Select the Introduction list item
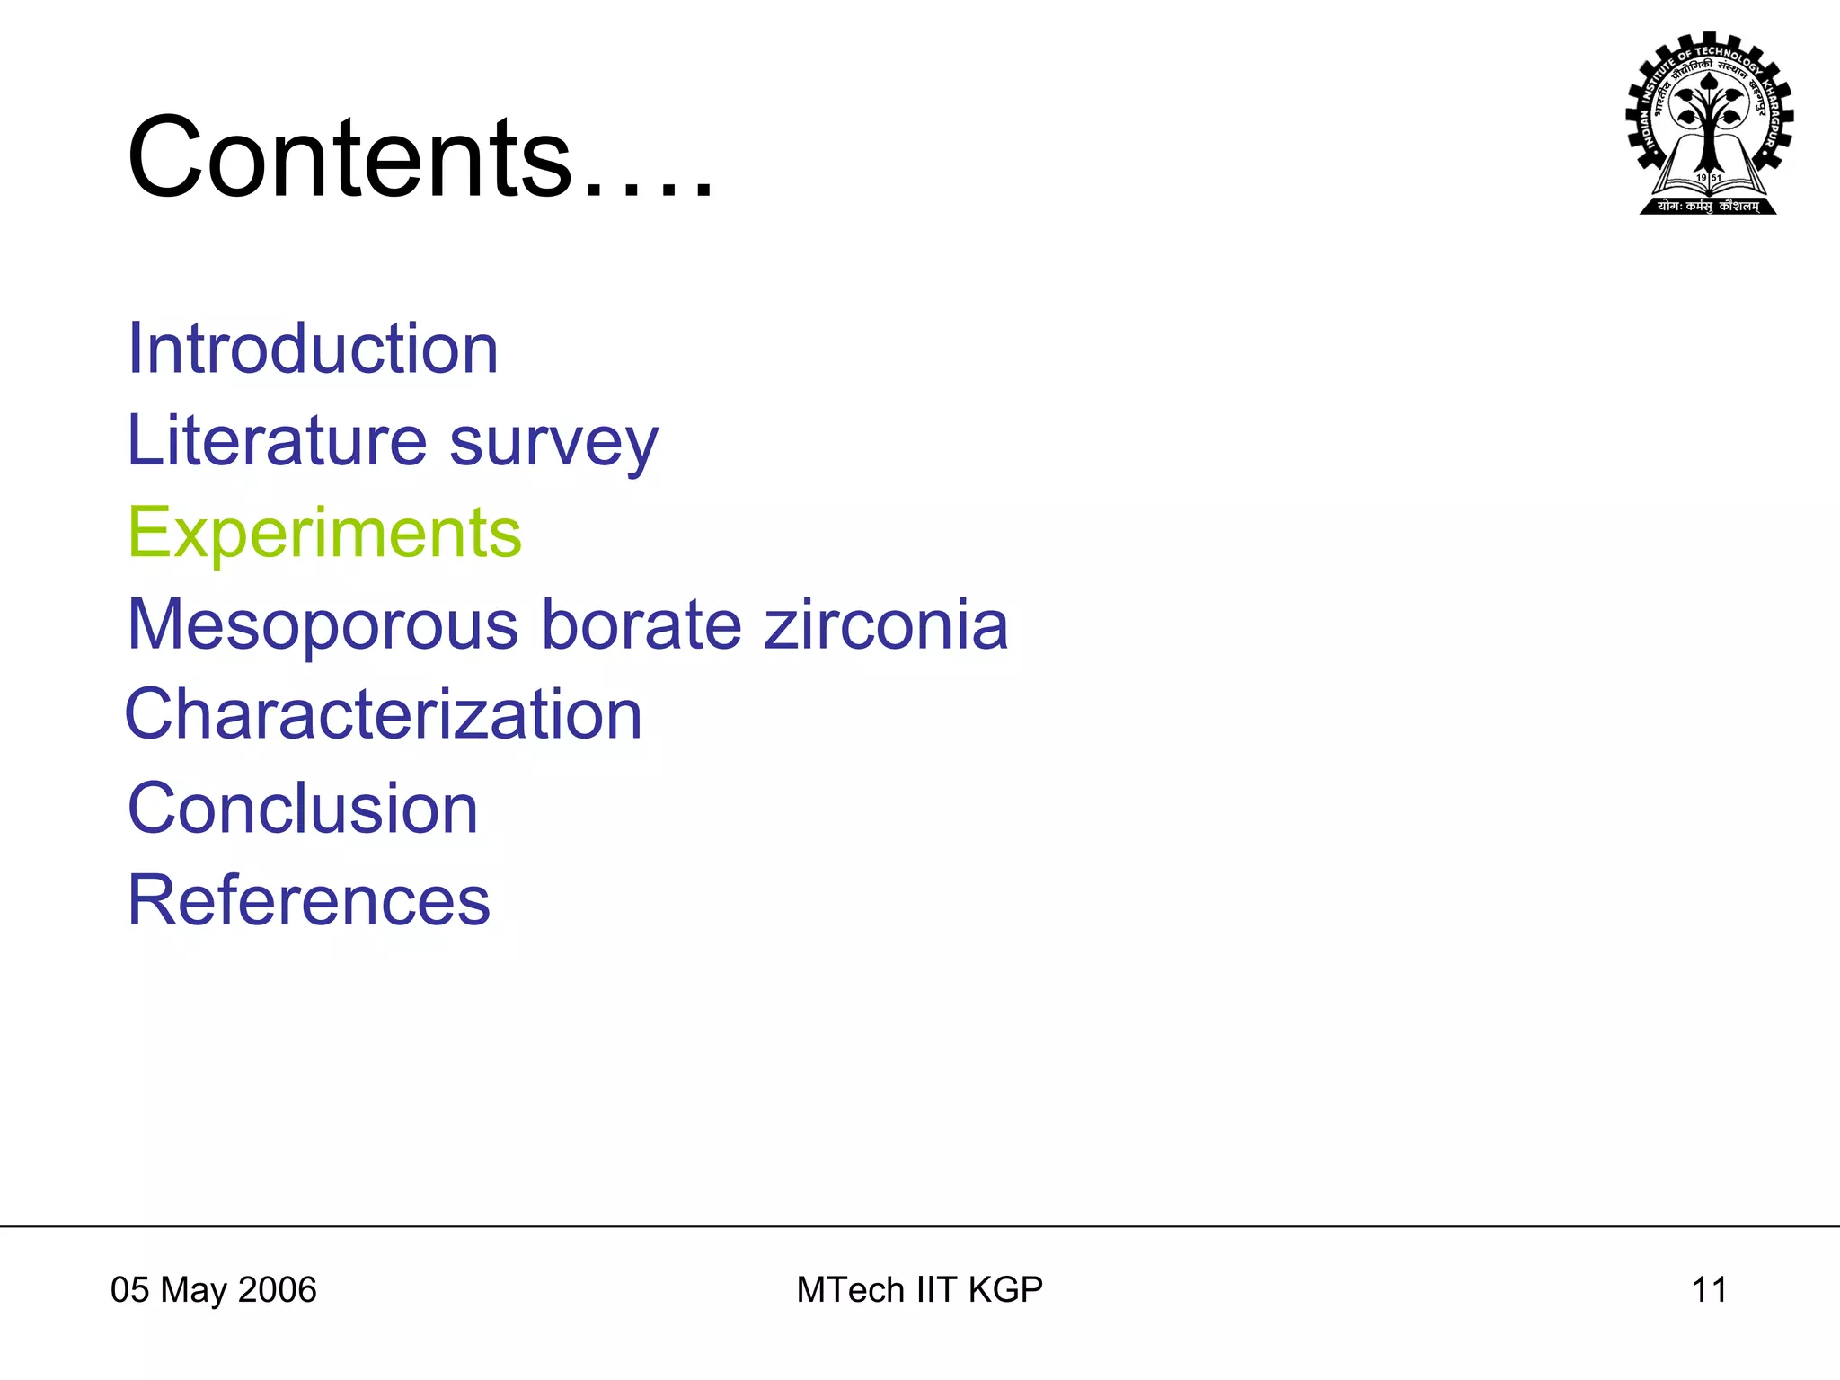pyautogui.click(x=313, y=349)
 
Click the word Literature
pyautogui.click(x=277, y=440)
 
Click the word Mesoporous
pyautogui.click(x=323, y=625)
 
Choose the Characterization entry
pyautogui.click(x=384, y=715)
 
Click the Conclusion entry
pyautogui.click(x=303, y=809)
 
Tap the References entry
pyautogui.click(x=309, y=900)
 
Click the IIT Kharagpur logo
pyautogui.click(x=1709, y=124)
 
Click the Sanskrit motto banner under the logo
pyautogui.click(x=1708, y=207)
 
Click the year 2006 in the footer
pyautogui.click(x=278, y=1290)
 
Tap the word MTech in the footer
pyautogui.click(x=851, y=1290)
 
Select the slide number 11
pyautogui.click(x=1709, y=1290)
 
